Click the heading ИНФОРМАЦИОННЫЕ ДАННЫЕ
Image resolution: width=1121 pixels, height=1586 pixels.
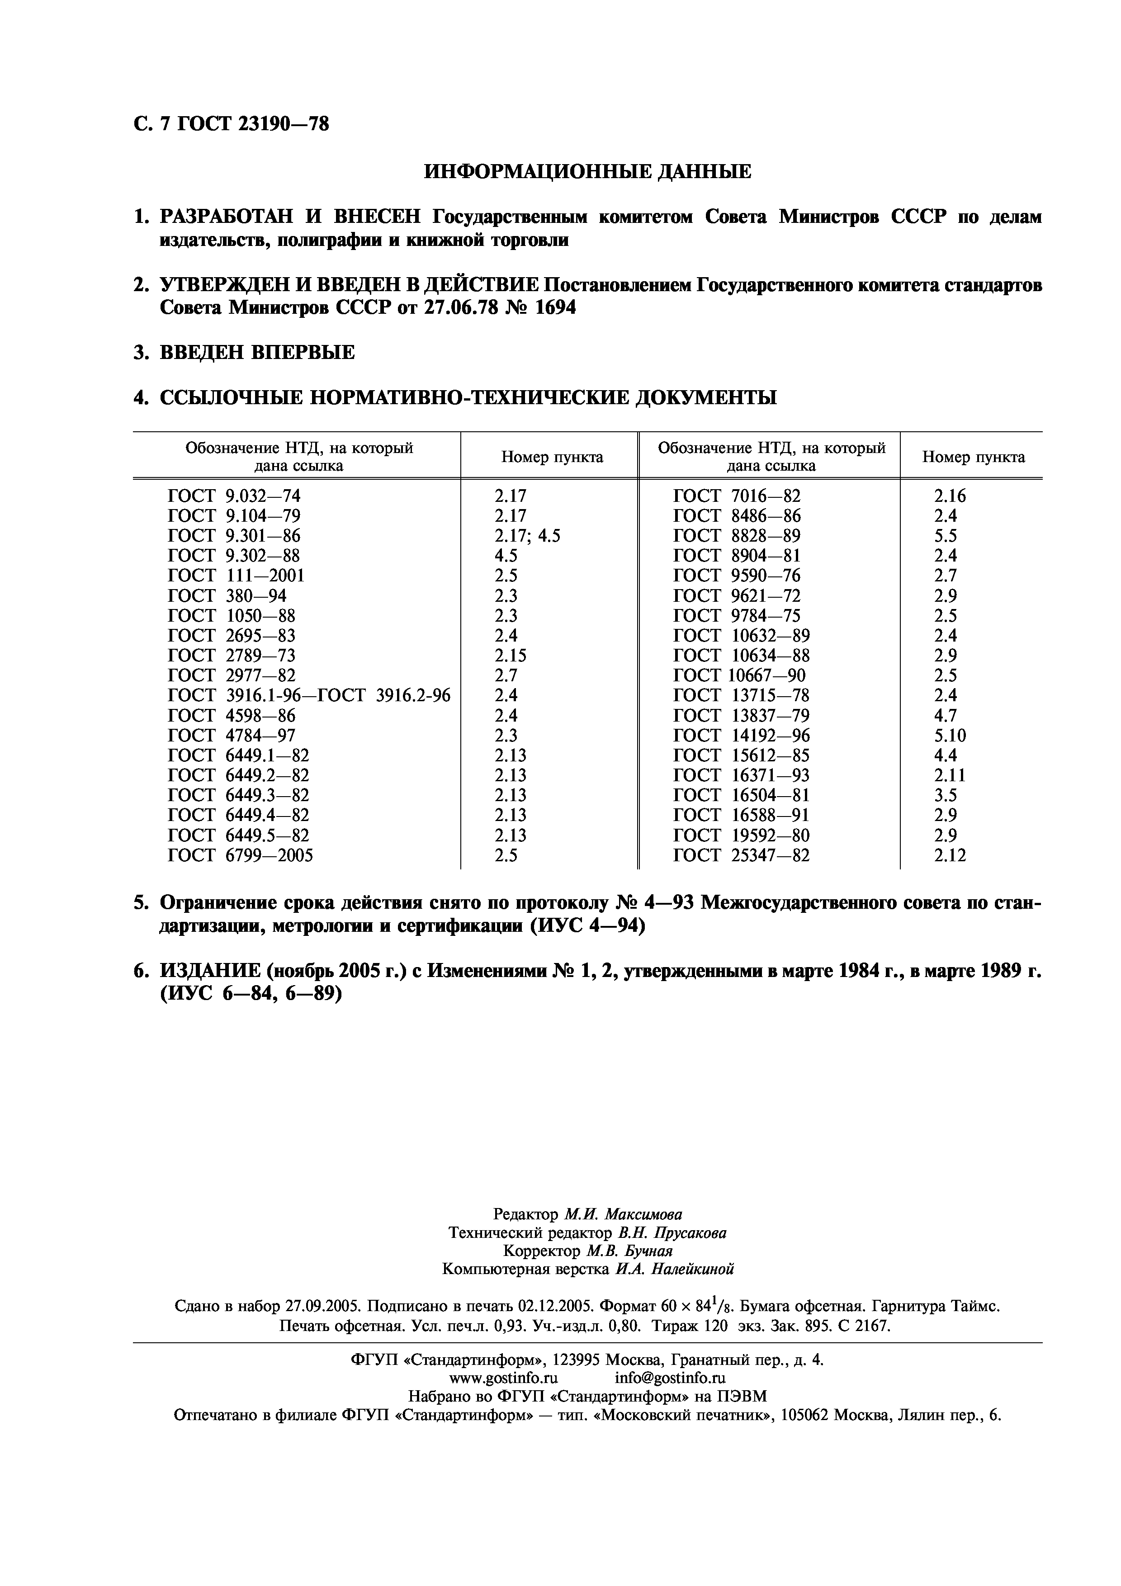pyautogui.click(x=587, y=171)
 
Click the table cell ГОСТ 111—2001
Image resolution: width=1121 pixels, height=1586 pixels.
pyautogui.click(x=236, y=576)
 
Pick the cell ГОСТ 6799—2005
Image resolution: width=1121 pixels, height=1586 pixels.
pyautogui.click(x=241, y=855)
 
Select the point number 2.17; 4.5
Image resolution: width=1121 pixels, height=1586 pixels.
pyautogui.click(x=527, y=535)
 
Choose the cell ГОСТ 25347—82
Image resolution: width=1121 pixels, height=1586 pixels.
pyautogui.click(x=741, y=855)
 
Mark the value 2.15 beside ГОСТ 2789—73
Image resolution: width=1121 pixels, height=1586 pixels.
pyautogui.click(x=510, y=655)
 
